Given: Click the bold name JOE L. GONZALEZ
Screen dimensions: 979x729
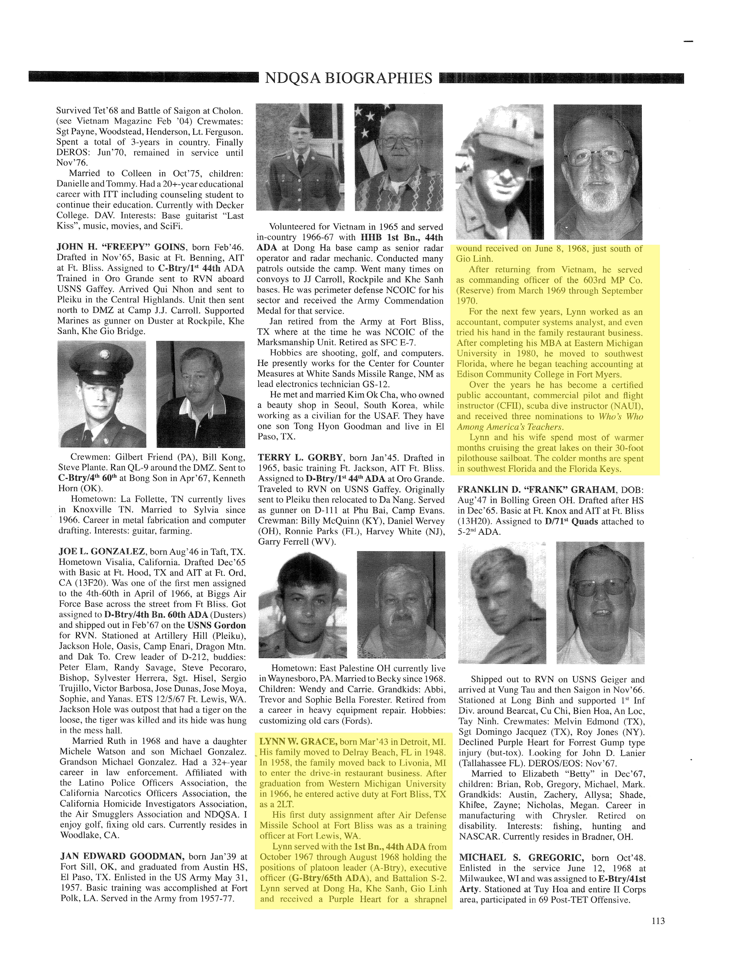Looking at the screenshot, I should tap(102, 551).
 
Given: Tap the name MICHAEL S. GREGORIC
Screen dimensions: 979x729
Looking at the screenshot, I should tap(521, 858).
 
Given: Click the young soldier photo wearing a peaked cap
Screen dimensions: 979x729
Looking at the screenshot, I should tap(102, 394).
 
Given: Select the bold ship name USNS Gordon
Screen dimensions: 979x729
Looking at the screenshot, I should tap(216, 625).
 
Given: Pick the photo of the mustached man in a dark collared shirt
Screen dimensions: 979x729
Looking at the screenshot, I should tap(201, 394).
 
